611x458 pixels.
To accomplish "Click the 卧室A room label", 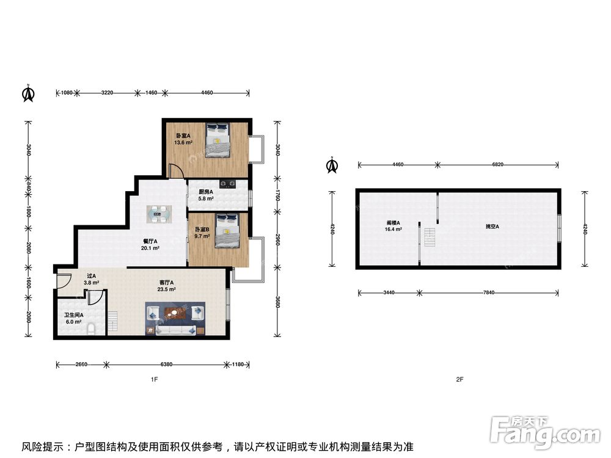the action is pos(183,136).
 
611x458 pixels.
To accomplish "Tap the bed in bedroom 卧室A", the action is pos(218,140).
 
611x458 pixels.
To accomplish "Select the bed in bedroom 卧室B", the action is pos(227,230).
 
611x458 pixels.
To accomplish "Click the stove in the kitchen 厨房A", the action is pos(228,183).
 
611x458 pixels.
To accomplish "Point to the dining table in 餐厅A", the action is pos(159,214).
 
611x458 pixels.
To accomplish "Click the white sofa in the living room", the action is pos(175,330).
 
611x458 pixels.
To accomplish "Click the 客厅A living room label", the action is pos(166,283).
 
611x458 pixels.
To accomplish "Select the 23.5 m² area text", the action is pos(166,289).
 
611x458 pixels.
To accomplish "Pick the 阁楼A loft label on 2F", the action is pos(393,223).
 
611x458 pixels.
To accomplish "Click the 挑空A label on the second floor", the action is pos(492,227).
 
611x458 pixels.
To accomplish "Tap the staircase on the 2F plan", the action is pos(430,237).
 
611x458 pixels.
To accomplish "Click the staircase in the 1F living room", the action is pos(113,322).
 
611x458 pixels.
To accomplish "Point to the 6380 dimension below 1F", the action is pos(166,365).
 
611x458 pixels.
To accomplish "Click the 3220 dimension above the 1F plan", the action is pos(107,93).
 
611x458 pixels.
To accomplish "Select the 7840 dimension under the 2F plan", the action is pos(489,293).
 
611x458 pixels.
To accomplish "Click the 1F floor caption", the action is pos(155,379).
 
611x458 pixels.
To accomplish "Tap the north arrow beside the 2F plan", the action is pos(332,165).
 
